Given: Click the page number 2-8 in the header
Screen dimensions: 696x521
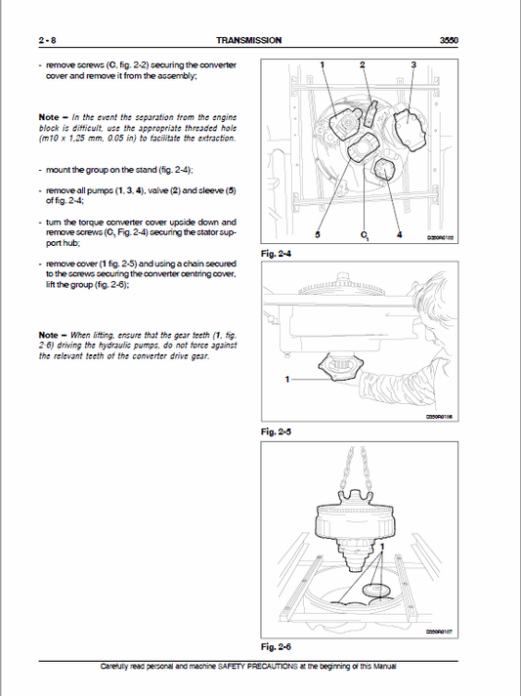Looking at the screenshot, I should click(45, 40).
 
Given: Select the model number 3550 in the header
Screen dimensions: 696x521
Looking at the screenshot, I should click(449, 40).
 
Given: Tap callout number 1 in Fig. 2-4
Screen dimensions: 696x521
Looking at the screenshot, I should click(323, 63).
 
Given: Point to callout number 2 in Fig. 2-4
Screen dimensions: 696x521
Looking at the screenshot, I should click(363, 63).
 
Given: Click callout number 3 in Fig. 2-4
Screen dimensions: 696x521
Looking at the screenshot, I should click(412, 63).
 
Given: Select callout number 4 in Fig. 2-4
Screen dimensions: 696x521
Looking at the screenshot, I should click(400, 235).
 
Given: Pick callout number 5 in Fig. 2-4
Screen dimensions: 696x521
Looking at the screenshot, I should click(318, 235).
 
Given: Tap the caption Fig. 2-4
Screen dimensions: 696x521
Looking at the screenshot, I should click(278, 254).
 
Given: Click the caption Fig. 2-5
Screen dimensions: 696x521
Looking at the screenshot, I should click(278, 430).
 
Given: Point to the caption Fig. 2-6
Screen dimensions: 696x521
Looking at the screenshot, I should click(278, 646).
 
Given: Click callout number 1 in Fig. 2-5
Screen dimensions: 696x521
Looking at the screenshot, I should click(287, 378).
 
